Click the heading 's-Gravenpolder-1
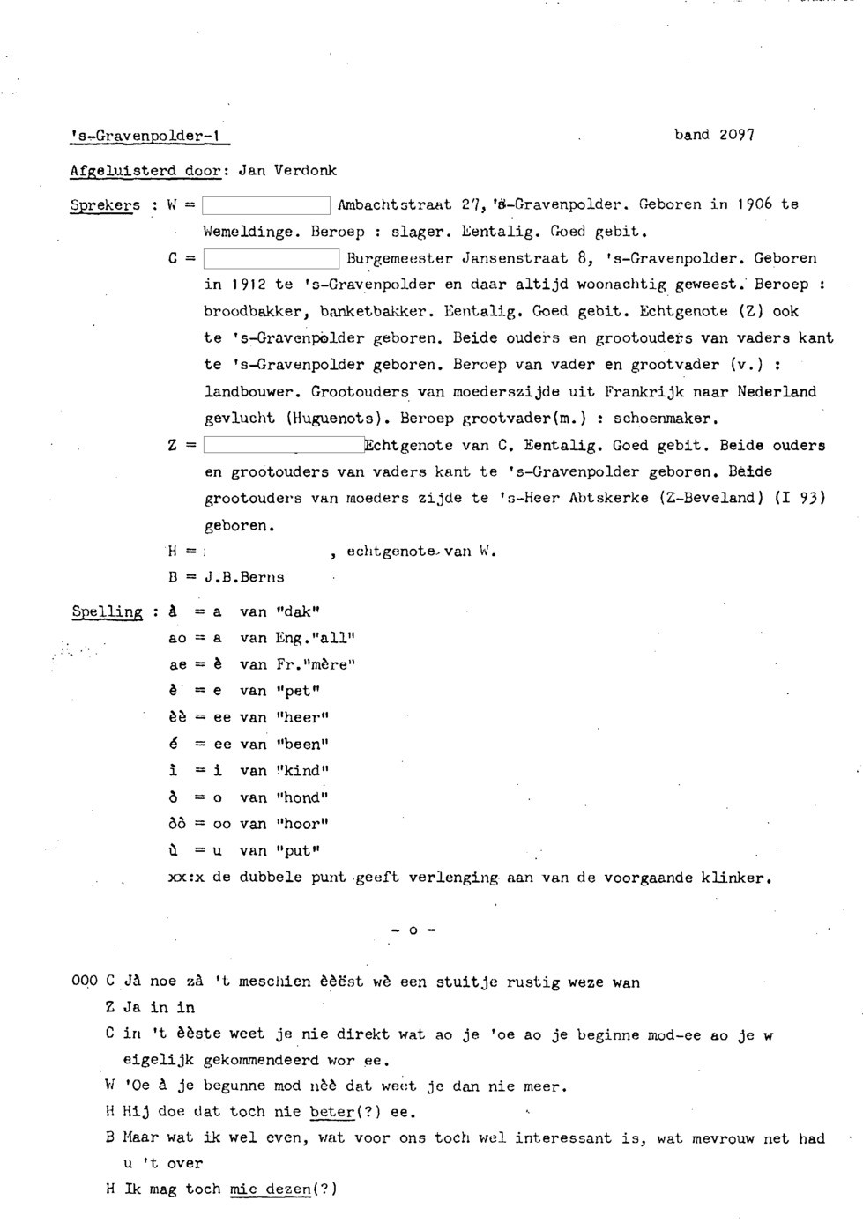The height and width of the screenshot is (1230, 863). coord(148,137)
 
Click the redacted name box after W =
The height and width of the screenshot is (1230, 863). coord(265,207)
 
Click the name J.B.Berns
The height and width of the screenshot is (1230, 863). coord(244,578)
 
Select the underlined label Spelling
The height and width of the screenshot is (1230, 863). coord(106,611)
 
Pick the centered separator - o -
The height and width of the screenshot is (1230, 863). coord(413,930)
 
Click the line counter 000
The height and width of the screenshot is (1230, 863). coord(85,982)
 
